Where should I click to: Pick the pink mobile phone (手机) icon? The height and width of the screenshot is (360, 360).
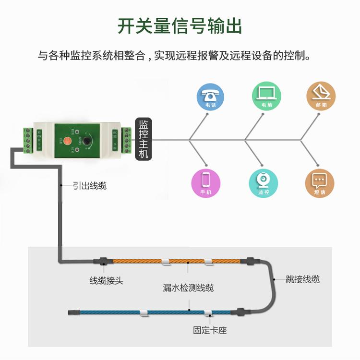click(x=205, y=183)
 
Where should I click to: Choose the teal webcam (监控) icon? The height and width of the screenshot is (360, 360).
click(x=264, y=183)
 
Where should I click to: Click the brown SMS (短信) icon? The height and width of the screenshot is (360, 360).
click(x=320, y=183)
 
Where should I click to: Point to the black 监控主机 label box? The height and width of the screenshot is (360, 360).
click(x=144, y=139)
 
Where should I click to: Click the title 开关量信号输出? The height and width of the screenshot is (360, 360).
click(x=180, y=26)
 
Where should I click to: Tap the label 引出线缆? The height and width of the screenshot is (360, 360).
click(x=90, y=185)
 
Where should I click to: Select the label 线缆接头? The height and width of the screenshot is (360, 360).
click(x=106, y=280)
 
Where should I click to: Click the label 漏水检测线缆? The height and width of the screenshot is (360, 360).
click(x=188, y=288)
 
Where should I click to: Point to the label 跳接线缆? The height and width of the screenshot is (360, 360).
click(x=302, y=279)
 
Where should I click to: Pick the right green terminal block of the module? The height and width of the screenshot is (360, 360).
click(x=127, y=140)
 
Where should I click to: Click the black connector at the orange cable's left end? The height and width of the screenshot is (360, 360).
click(x=104, y=261)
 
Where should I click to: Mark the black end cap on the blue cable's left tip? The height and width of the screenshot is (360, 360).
click(x=73, y=313)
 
